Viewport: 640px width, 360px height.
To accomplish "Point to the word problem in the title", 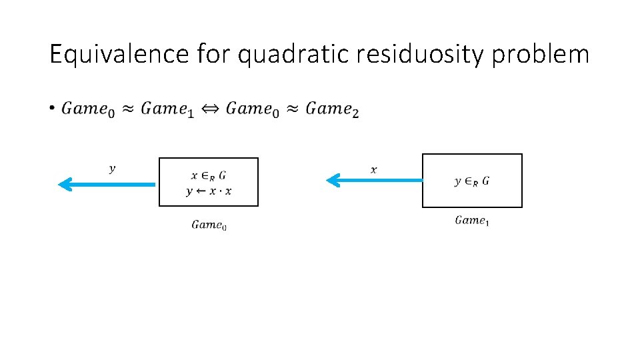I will pyautogui.click(x=541, y=54).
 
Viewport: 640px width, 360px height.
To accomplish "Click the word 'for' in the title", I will pyautogui.click(x=213, y=54).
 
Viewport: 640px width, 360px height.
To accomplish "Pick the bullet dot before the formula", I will pyautogui.click(x=52, y=108).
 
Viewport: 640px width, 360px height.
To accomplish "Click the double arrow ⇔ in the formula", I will pyautogui.click(x=210, y=108).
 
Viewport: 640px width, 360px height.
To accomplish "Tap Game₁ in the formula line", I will pyautogui.click(x=167, y=109).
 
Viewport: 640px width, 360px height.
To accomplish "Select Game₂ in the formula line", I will pyautogui.click(x=332, y=109).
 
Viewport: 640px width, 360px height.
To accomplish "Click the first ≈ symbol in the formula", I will pyautogui.click(x=127, y=109).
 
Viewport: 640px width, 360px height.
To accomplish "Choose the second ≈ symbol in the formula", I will pyautogui.click(x=292, y=109).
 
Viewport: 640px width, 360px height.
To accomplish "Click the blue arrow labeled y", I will pyautogui.click(x=107, y=183).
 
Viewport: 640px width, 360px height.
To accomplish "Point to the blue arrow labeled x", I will pyautogui.click(x=374, y=179).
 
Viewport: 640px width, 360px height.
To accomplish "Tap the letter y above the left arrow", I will pyautogui.click(x=112, y=169).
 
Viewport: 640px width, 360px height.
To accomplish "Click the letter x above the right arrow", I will pyautogui.click(x=373, y=170).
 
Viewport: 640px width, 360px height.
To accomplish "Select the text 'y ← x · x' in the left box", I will pyautogui.click(x=209, y=191).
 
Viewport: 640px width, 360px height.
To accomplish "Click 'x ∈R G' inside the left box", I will pyautogui.click(x=208, y=176).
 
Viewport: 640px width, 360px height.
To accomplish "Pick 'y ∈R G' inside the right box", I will pyautogui.click(x=472, y=181).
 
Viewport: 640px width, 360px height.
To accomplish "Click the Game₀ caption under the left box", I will pyautogui.click(x=209, y=225).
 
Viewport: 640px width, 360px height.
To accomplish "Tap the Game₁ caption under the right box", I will pyautogui.click(x=472, y=221).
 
